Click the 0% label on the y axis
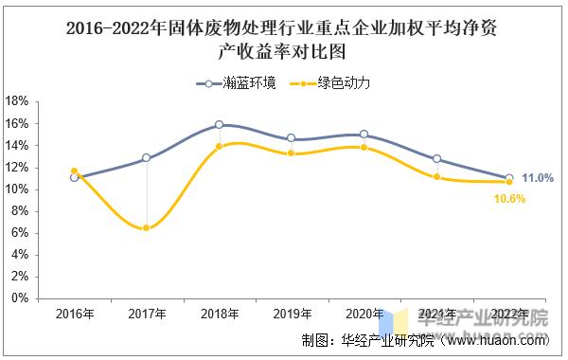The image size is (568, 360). [21, 298]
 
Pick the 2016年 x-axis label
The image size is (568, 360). [74, 315]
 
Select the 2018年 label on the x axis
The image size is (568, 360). [219, 315]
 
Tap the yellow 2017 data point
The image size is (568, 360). [146, 228]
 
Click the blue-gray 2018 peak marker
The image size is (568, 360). [219, 124]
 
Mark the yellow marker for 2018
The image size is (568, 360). [219, 146]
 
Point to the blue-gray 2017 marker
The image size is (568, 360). [146, 158]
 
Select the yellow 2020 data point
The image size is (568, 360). [364, 147]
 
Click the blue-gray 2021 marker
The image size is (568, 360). [436, 159]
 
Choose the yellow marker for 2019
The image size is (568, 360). [291, 153]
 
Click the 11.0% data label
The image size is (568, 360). [538, 178]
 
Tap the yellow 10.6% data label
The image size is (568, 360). [509, 199]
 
